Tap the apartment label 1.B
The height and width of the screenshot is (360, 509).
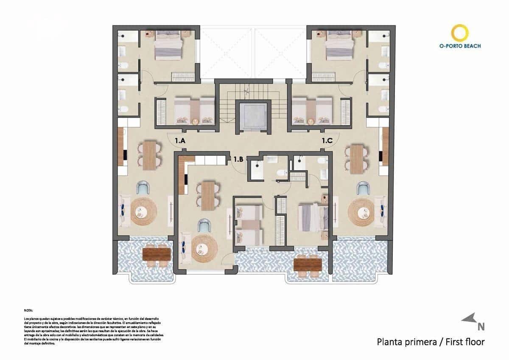[x=238, y=160]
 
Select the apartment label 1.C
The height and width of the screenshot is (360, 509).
[x=327, y=141]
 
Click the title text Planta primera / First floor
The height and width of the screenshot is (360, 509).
[x=431, y=342]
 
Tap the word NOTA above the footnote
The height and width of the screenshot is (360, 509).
[x=28, y=311]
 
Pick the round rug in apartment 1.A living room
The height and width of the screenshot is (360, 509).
[x=143, y=211]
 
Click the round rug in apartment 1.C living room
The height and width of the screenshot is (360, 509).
[x=361, y=211]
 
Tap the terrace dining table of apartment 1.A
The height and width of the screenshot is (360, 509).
[x=157, y=254]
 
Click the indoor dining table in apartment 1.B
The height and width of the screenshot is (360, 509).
[x=208, y=196]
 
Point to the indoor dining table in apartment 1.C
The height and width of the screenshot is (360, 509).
[x=357, y=159]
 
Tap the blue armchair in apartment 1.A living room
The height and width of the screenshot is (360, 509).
[x=143, y=188]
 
